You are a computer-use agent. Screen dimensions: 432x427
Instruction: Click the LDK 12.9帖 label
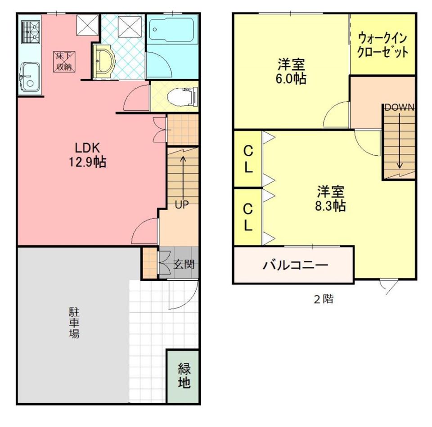coord(88,155)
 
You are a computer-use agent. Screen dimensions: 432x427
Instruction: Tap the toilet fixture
coord(183,96)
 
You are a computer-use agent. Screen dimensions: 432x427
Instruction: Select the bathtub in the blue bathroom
coord(173,30)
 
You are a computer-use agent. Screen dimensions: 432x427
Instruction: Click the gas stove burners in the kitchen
coord(31,32)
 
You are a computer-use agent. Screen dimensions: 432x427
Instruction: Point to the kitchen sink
coord(30,77)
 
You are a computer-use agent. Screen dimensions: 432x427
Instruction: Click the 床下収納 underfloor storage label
coord(64,62)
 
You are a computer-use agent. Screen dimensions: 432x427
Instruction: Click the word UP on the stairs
coord(182,205)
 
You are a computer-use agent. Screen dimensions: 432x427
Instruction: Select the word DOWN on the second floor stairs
coord(400,108)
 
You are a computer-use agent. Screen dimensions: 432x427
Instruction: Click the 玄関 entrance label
coord(184,265)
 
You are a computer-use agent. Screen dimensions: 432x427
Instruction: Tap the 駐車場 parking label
coord(74,323)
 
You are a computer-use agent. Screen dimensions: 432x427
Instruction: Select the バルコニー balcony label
coord(296,265)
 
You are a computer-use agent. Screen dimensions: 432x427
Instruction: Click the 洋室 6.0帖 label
coord(291,72)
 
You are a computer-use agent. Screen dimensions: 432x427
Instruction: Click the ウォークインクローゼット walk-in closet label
coord(383,45)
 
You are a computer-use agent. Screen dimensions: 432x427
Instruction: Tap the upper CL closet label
coord(248,159)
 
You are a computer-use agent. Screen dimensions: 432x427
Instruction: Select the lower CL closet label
coord(248,217)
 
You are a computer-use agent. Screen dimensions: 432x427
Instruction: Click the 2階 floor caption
coord(324,299)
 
